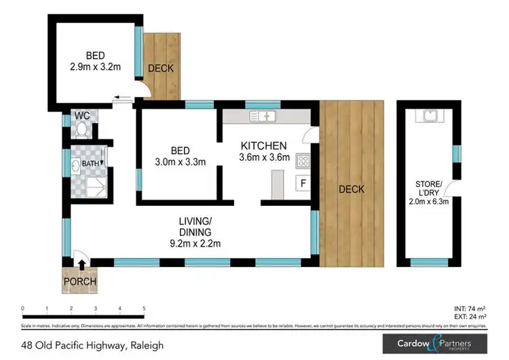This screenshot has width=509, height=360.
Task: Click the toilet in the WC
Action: (x=81, y=128)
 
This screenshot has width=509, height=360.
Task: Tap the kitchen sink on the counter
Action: (x=263, y=116)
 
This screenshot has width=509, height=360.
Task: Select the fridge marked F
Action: (x=303, y=183)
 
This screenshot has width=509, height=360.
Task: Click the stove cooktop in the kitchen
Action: (x=303, y=162)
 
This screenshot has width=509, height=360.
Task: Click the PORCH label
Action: (x=80, y=282)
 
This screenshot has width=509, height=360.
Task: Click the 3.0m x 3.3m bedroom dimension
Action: (x=179, y=162)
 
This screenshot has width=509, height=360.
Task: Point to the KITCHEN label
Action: (x=264, y=145)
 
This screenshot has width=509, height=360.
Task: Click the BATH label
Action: (x=90, y=164)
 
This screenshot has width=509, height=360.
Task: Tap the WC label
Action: (x=83, y=114)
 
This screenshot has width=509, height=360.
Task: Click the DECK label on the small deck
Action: (x=161, y=69)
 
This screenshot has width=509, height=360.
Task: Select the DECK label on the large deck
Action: (x=352, y=189)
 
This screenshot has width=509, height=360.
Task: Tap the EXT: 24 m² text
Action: (x=468, y=317)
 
